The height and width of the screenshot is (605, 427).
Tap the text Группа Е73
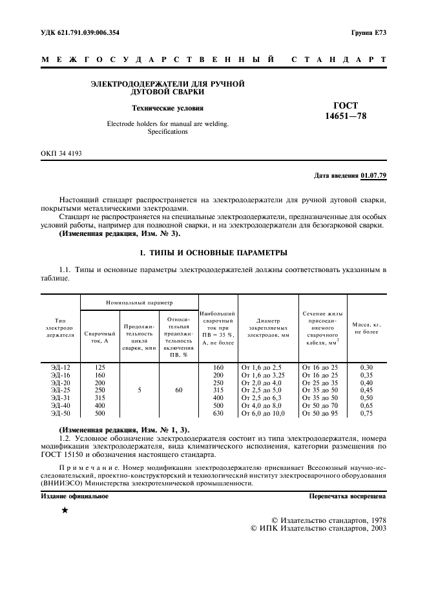click(x=369, y=32)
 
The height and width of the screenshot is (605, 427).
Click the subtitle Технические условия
click(x=167, y=109)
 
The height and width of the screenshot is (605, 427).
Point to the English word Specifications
click(x=167, y=131)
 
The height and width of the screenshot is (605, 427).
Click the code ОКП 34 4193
click(x=61, y=153)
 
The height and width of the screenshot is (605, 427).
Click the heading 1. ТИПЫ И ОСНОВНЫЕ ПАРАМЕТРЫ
click(x=214, y=252)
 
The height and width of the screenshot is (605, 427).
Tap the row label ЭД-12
click(x=61, y=367)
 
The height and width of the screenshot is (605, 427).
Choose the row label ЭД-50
click(x=61, y=412)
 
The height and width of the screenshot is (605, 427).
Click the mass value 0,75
click(x=366, y=412)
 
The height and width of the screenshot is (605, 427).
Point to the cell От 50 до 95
click(x=320, y=412)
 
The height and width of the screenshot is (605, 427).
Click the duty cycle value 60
click(x=178, y=390)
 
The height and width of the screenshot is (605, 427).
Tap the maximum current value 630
click(x=218, y=412)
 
